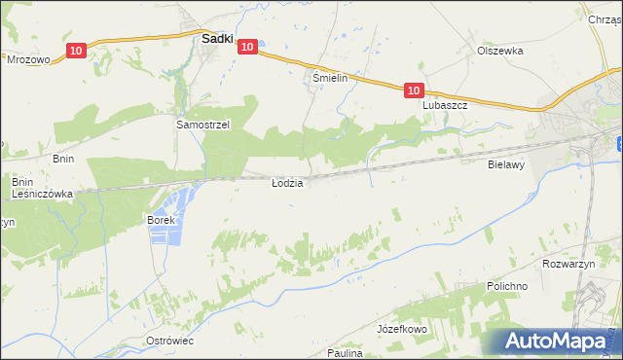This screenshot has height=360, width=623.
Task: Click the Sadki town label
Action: click(215, 40)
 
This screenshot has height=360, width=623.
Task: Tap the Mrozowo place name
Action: click(28, 59)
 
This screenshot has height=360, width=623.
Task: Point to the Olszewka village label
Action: click(500, 51)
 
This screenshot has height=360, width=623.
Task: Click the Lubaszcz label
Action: click(446, 105)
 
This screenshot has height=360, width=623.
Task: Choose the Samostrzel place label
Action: click(202, 125)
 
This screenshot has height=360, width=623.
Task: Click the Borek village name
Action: click(161, 220)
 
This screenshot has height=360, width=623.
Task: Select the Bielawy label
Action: click(506, 165)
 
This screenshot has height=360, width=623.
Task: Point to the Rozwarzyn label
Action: click(568, 264)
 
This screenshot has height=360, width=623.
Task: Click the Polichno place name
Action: click(507, 287)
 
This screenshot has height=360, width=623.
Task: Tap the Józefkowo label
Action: click(402, 330)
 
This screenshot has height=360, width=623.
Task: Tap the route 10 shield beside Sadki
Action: click(246, 46)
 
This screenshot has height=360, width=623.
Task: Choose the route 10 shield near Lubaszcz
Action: click(414, 90)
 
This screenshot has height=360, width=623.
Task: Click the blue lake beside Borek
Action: click(180, 204)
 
